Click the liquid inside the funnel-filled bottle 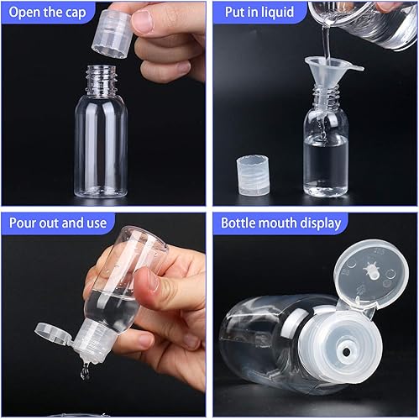326,168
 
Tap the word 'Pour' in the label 24,223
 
